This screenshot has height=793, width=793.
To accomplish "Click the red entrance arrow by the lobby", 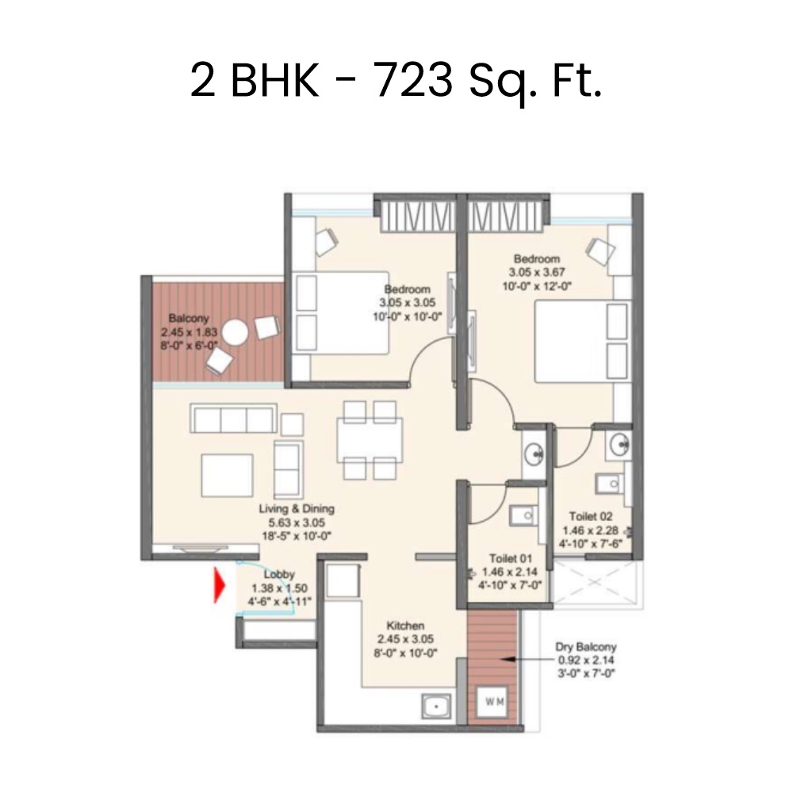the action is click(219, 586).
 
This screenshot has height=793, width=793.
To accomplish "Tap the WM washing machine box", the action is click(494, 702).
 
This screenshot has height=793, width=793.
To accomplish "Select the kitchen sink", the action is click(436, 706).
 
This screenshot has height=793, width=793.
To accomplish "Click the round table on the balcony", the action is click(236, 332).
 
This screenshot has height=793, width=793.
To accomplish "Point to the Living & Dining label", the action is click(297, 509).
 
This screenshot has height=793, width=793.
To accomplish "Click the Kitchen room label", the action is click(405, 625).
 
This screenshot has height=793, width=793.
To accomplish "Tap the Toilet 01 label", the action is click(510, 558).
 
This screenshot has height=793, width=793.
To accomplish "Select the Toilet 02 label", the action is click(591, 516).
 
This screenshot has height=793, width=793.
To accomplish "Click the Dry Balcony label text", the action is click(586, 647).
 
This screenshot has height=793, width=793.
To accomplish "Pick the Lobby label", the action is click(279, 574).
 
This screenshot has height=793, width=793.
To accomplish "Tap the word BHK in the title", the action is click(275, 80).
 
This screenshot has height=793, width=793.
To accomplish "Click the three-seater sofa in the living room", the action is click(234, 418).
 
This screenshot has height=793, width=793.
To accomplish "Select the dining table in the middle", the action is click(370, 440).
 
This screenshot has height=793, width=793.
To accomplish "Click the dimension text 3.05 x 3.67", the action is click(537, 272).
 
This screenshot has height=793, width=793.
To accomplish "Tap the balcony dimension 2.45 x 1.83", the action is click(190, 332).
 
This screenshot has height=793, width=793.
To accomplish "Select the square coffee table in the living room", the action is click(227, 475).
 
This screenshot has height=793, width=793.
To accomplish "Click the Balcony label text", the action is click(189, 319).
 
